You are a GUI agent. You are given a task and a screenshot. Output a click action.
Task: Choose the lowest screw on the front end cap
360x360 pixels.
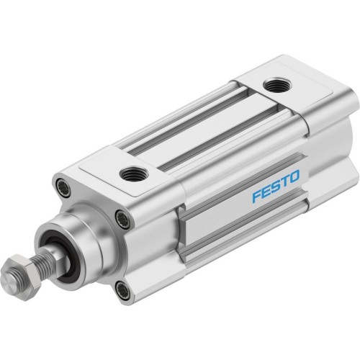point(123,291)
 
